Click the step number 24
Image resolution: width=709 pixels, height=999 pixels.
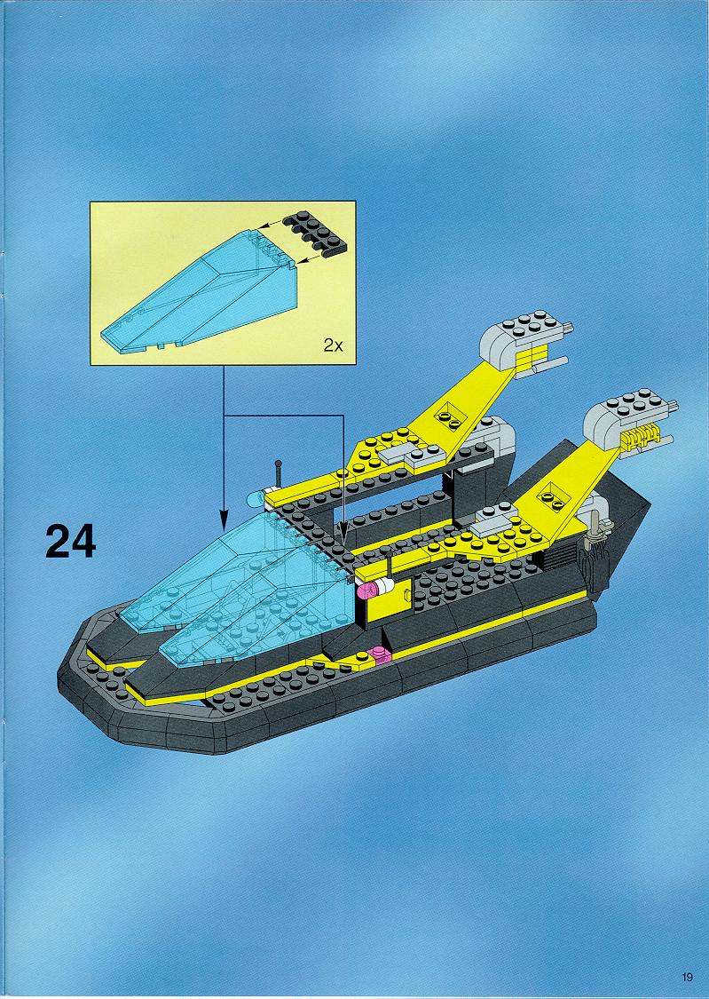tap(71, 542)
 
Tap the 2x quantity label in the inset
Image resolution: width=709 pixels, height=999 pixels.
tap(333, 346)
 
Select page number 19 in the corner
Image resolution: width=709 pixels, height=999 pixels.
tap(687, 977)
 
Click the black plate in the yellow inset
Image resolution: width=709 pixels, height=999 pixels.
tap(316, 234)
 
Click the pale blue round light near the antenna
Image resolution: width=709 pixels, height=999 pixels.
tap(256, 499)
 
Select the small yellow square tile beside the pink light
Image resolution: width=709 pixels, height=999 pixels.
tap(406, 594)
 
